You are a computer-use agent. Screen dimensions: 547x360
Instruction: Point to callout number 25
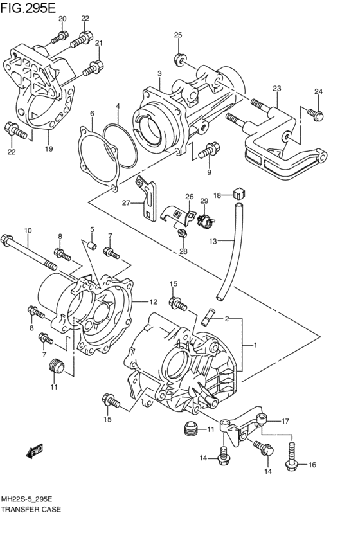click(x=178, y=35)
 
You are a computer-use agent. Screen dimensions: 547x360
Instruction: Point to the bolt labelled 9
click(x=205, y=152)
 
